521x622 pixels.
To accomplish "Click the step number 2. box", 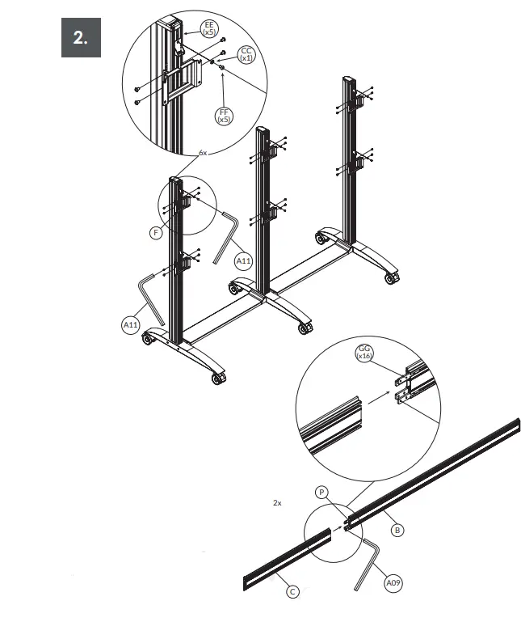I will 81,38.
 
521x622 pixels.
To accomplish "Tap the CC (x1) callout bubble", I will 246,54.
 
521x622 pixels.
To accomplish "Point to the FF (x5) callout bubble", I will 223,115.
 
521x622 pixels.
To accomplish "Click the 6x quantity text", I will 203,152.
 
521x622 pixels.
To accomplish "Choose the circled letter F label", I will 157,232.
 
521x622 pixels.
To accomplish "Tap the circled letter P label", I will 321,491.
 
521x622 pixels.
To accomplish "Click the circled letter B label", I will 397,530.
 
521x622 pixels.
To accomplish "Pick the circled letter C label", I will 293,592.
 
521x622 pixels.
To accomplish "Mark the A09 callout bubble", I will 393,582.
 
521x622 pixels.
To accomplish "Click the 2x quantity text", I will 277,502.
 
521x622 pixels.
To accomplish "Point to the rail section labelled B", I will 436,469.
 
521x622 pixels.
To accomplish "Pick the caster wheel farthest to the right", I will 392,278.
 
